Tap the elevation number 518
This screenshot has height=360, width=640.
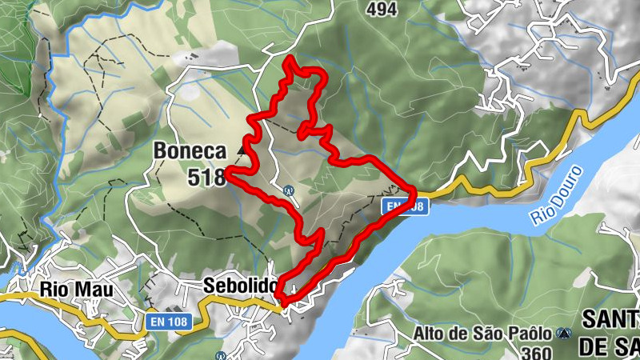tap(206, 177)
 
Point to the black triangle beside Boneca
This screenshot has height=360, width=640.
tap(241, 149)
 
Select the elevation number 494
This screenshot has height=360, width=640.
tap(382, 9)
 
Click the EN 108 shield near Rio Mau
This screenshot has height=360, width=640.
tap(167, 322)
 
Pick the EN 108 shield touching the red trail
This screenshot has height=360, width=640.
tap(404, 206)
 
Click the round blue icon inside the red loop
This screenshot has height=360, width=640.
tap(288, 190)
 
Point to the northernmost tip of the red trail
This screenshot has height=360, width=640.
tap(289, 59)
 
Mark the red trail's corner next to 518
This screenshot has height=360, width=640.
tap(228, 170)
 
